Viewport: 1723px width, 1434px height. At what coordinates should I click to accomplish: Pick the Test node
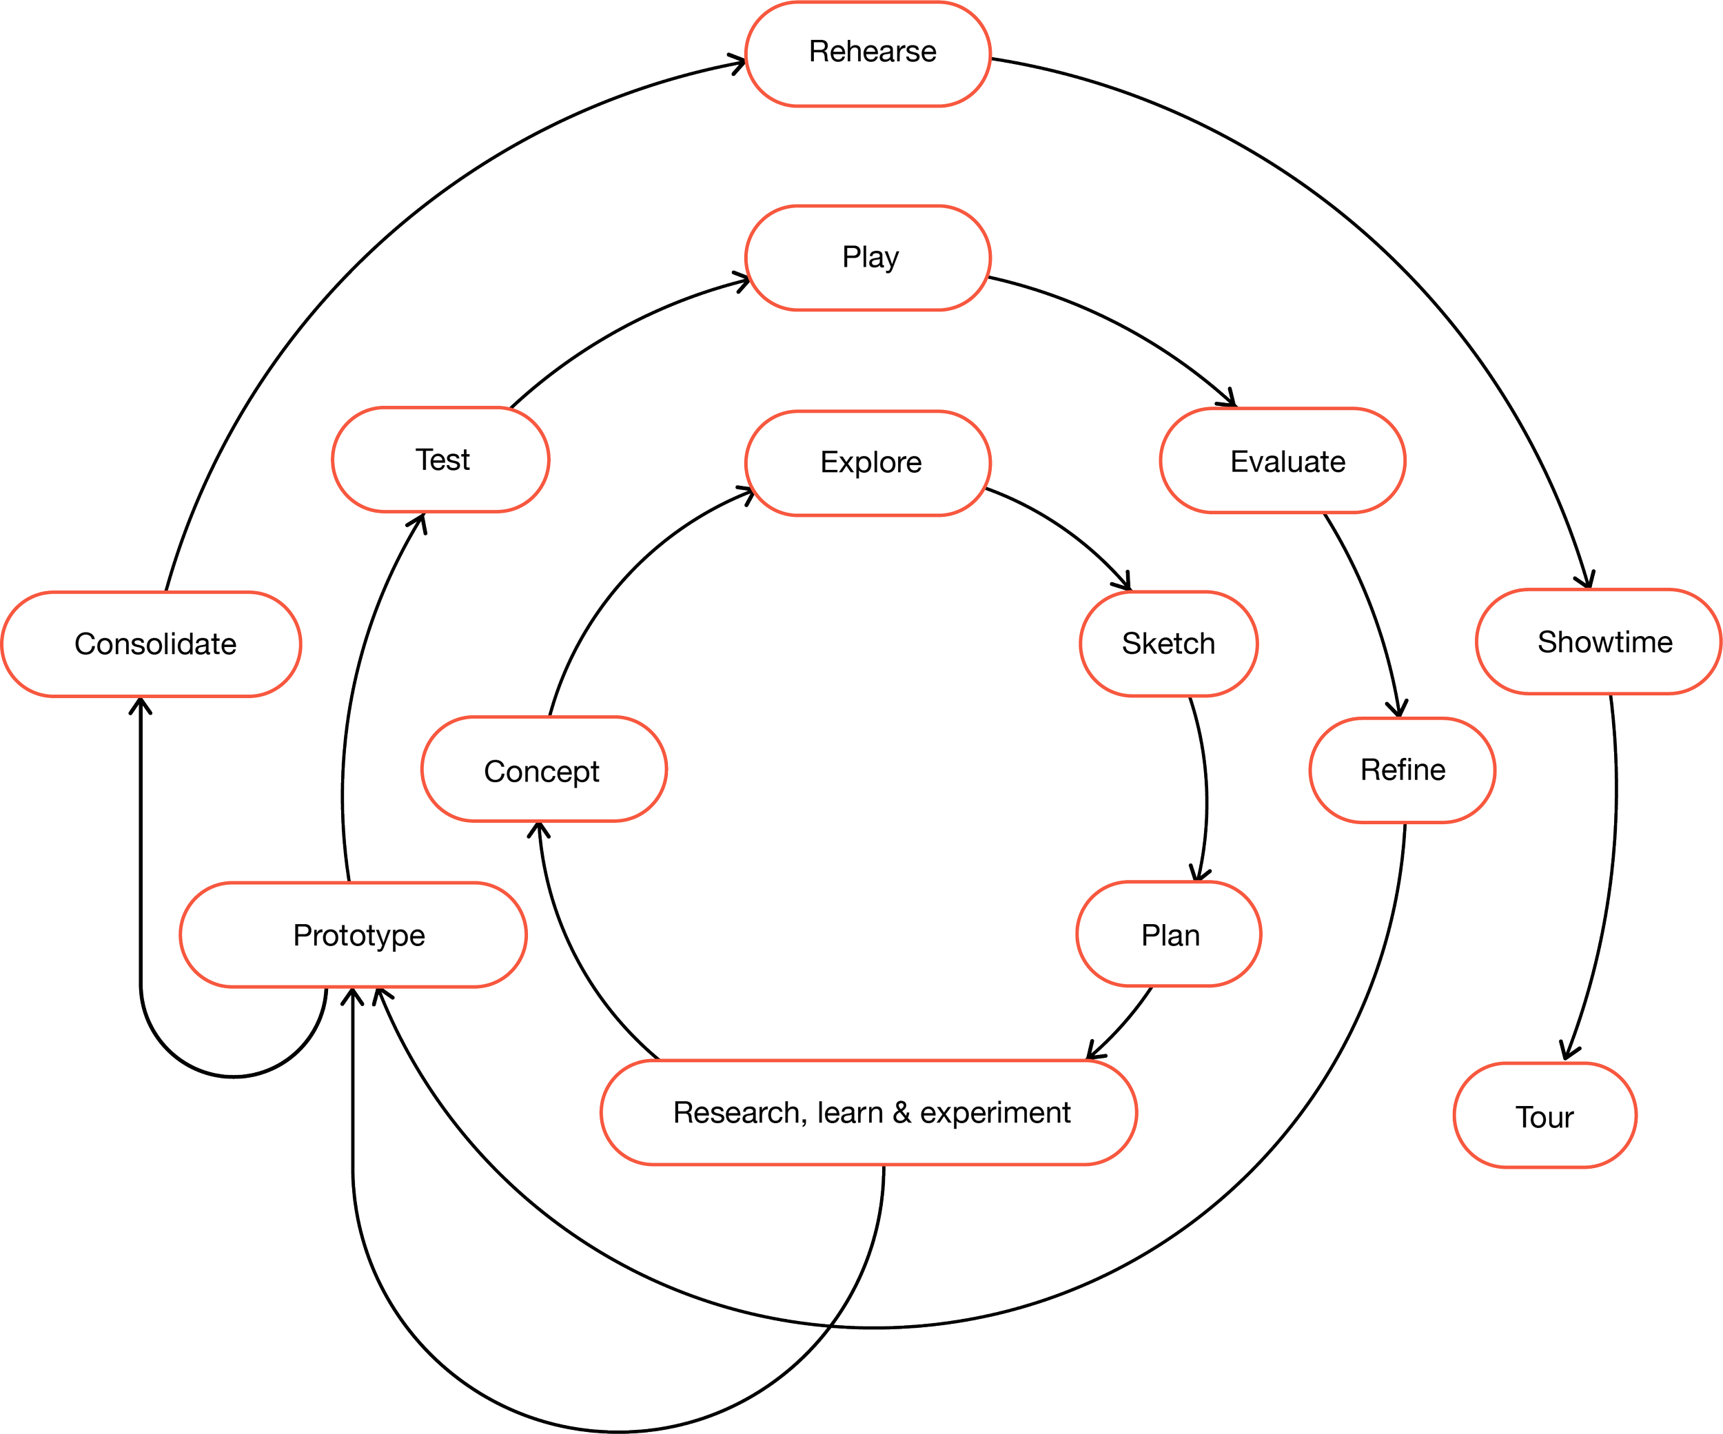(x=440, y=460)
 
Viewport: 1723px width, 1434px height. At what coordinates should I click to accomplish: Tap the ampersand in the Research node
(x=901, y=1114)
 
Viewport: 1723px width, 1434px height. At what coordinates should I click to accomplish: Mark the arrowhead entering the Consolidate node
(x=141, y=706)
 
